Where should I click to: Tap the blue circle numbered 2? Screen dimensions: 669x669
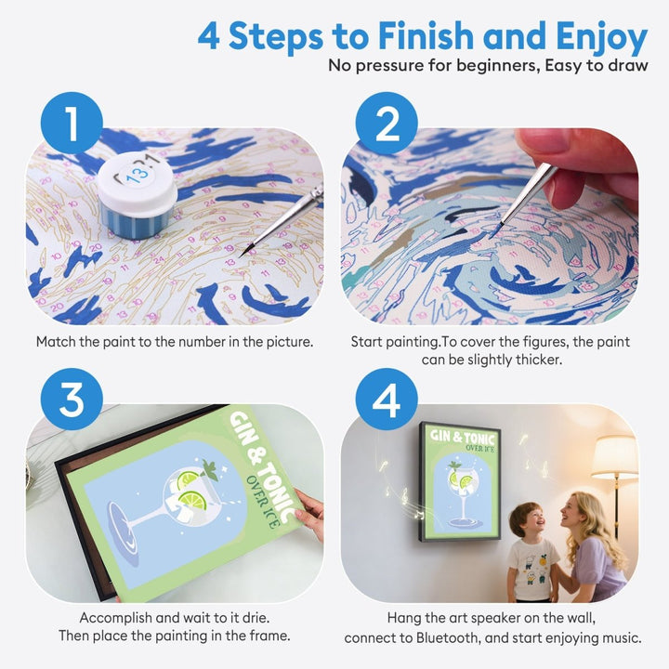coord(386,121)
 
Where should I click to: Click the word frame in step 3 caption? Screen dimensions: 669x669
coord(269,636)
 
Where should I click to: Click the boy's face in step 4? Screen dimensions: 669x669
coord(527,521)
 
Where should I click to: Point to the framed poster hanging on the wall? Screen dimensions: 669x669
coord(459,479)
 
